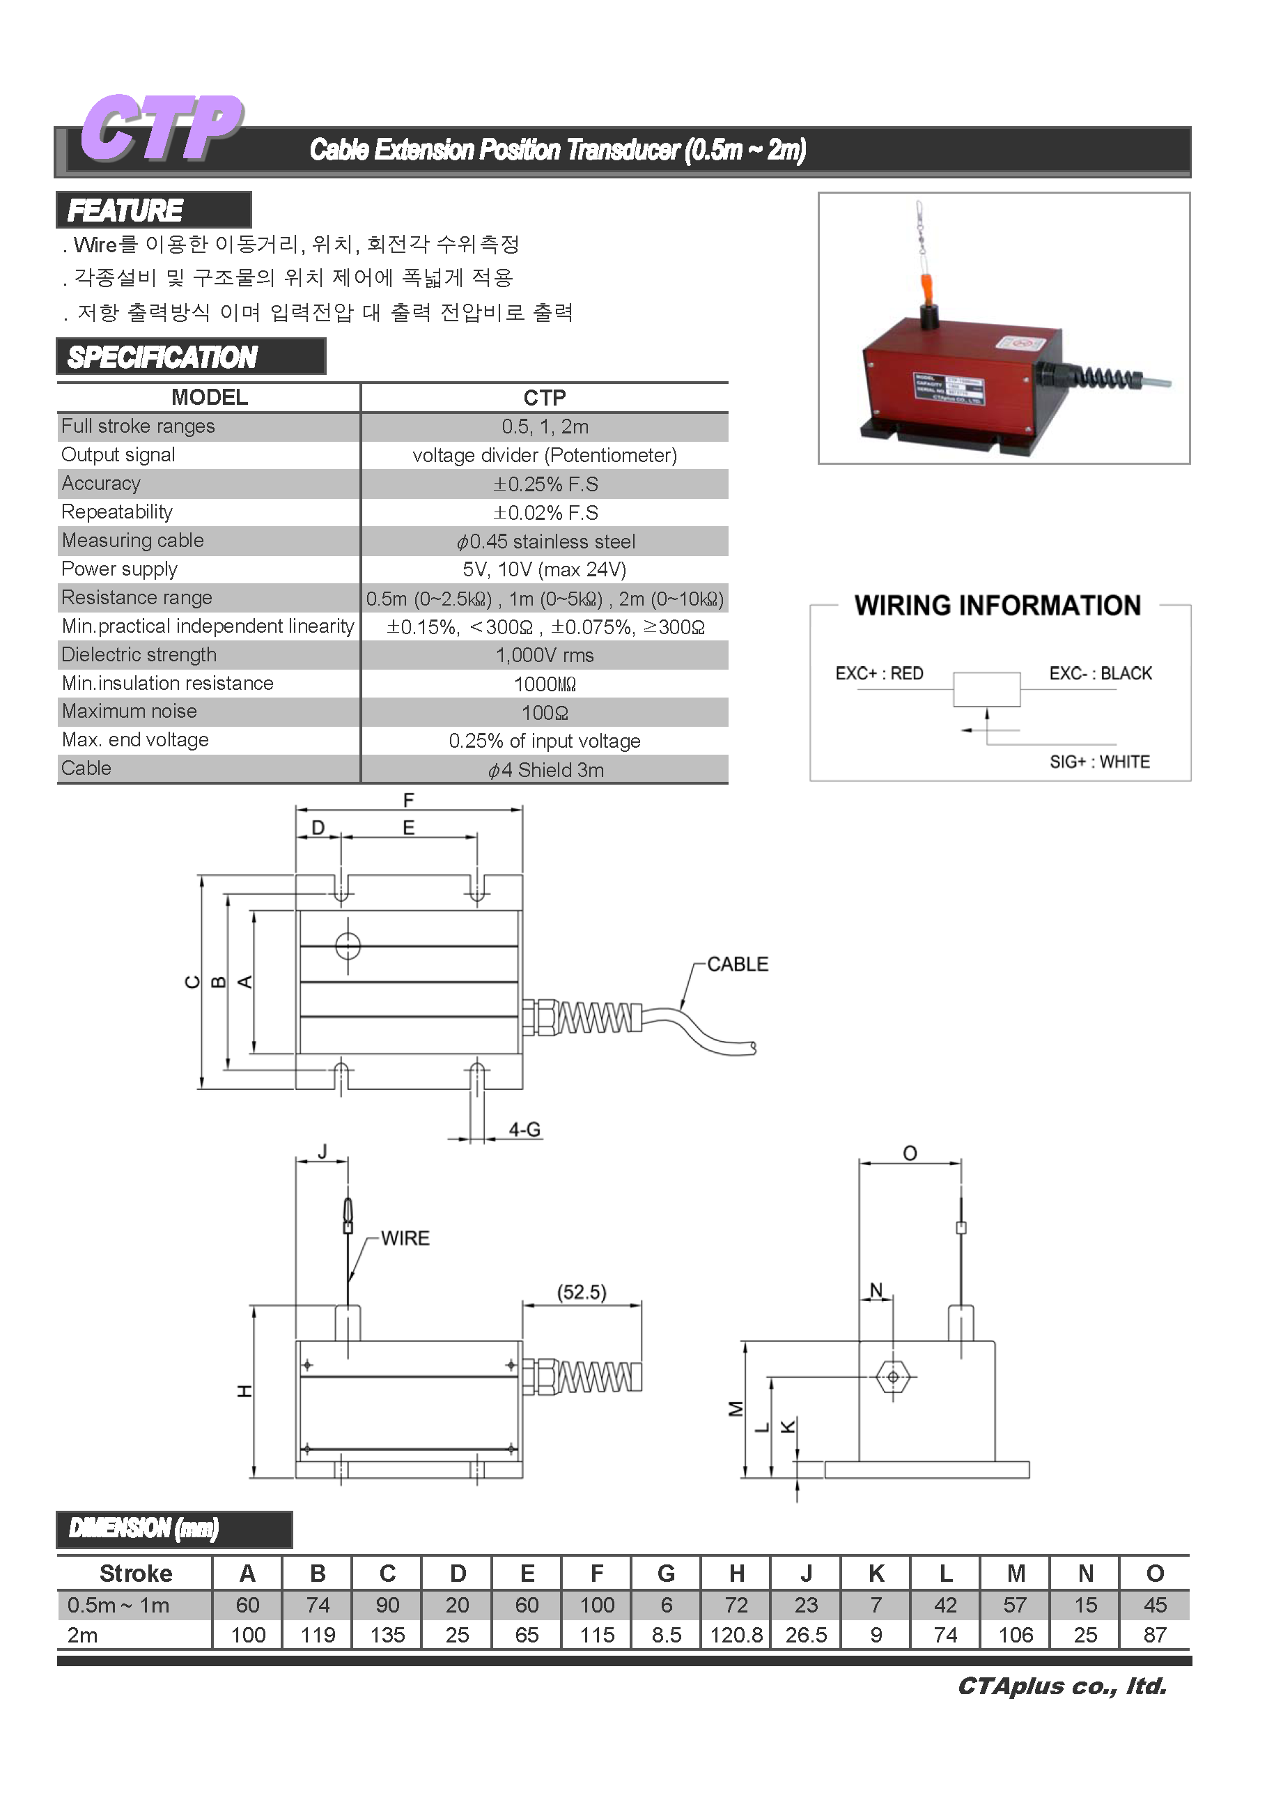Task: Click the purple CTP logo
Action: [x=162, y=128]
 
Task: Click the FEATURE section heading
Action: [x=125, y=210]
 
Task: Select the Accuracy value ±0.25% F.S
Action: [x=545, y=484]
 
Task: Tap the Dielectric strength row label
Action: [x=139, y=654]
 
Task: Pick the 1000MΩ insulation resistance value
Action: [x=545, y=684]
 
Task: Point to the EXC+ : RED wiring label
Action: [x=879, y=673]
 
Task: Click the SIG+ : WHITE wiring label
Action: [x=1099, y=762]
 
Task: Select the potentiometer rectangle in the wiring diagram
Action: [x=987, y=688]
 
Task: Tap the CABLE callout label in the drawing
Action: [x=738, y=964]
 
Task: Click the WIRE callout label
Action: [x=405, y=1238]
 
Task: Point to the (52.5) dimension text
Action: [x=582, y=1293]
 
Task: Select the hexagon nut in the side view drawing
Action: [x=892, y=1377]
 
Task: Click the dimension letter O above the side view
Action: [x=910, y=1153]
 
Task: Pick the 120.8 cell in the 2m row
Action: [x=736, y=1636]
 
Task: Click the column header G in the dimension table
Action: [x=666, y=1573]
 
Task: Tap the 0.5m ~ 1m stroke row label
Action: [x=118, y=1605]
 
